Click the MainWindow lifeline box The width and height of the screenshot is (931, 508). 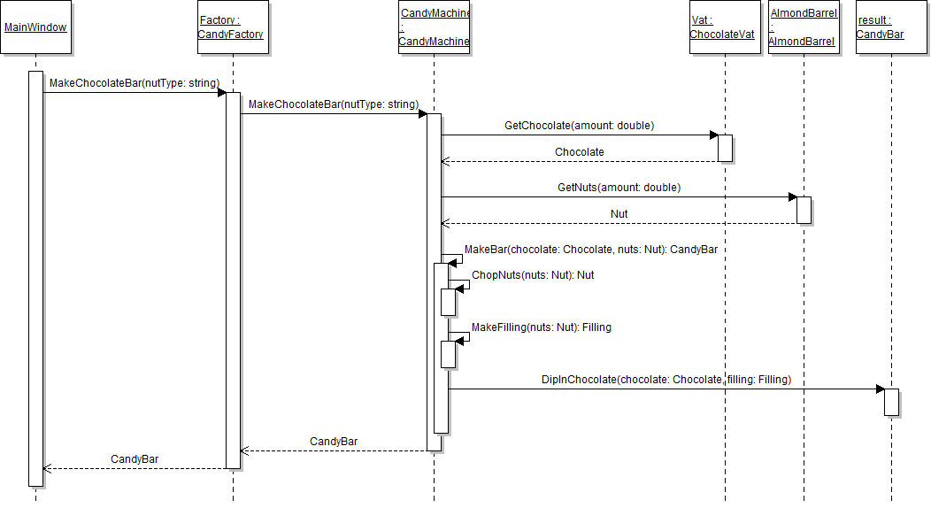(35, 27)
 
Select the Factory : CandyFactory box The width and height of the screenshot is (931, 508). (233, 27)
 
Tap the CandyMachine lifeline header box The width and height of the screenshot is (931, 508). (434, 27)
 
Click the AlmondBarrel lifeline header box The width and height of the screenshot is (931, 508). (803, 27)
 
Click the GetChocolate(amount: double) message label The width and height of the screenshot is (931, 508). (579, 126)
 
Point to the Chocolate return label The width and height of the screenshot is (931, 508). (579, 152)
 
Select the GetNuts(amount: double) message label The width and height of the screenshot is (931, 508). (619, 188)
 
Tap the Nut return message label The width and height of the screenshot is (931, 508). (619, 214)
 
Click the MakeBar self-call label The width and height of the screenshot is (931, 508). (590, 250)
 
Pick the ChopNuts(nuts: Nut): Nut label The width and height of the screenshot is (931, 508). (533, 275)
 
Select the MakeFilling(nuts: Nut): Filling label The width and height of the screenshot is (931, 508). (541, 327)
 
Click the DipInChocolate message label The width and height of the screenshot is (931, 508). (666, 380)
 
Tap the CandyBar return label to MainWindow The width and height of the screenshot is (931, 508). (135, 459)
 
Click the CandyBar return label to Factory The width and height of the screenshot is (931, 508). (334, 442)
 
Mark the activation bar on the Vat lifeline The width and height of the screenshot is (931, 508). (725, 148)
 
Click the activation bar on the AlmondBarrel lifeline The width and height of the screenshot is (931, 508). (804, 210)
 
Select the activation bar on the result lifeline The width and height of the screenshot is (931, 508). (891, 402)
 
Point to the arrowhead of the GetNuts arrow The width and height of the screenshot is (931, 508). (792, 197)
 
